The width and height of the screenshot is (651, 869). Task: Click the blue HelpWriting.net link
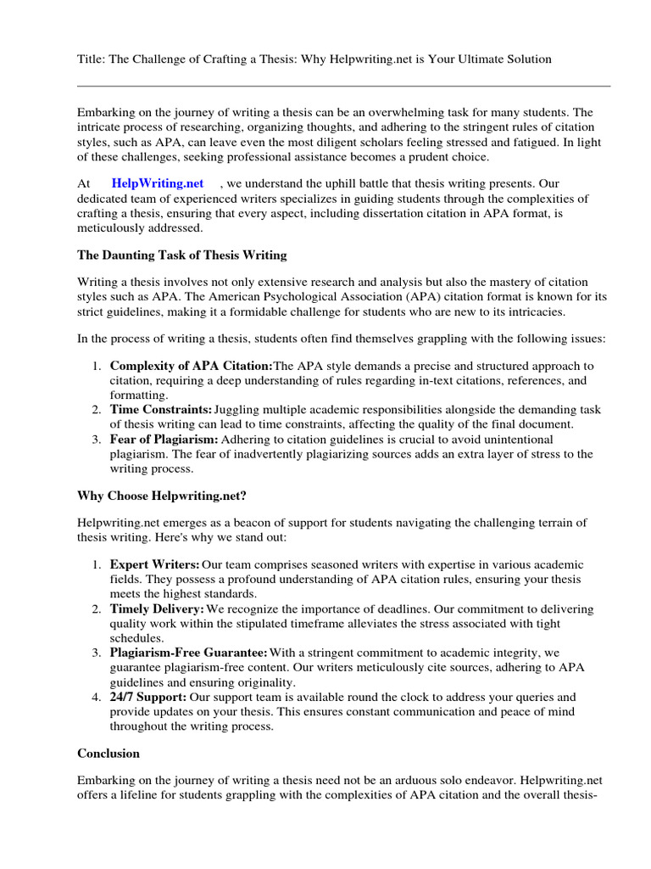(x=158, y=183)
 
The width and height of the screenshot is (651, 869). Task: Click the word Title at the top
(x=91, y=59)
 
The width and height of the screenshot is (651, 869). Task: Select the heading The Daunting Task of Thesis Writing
(x=181, y=255)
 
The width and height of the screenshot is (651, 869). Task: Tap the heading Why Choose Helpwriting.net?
(x=162, y=495)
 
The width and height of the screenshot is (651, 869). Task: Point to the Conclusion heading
(x=108, y=753)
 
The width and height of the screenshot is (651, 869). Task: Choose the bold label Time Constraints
(x=161, y=410)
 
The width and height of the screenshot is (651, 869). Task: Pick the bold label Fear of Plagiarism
(x=164, y=439)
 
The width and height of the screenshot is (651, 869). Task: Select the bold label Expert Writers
(x=155, y=564)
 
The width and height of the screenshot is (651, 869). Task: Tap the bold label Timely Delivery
(x=157, y=609)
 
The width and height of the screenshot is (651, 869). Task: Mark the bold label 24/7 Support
(x=148, y=697)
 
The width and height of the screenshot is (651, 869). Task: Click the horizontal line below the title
(x=343, y=86)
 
